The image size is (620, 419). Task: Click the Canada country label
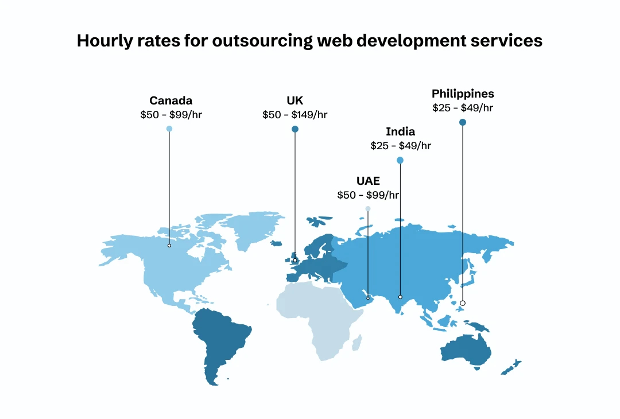pyautogui.click(x=171, y=101)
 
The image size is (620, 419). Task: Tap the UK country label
pyautogui.click(x=295, y=101)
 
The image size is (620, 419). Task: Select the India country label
pyautogui.click(x=400, y=132)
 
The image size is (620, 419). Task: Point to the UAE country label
pyautogui.click(x=368, y=181)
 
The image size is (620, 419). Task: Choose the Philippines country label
pyautogui.click(x=463, y=94)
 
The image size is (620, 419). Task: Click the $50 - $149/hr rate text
pyautogui.click(x=295, y=115)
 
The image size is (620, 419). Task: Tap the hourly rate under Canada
pyautogui.click(x=171, y=115)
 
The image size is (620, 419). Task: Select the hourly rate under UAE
pyautogui.click(x=368, y=195)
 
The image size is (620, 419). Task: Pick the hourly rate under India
pyautogui.click(x=400, y=146)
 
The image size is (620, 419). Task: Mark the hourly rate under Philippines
pyautogui.click(x=463, y=107)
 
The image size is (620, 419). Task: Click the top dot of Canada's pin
pyautogui.click(x=169, y=129)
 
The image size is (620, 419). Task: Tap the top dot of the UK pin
pyautogui.click(x=295, y=129)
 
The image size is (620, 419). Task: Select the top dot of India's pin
pyautogui.click(x=400, y=160)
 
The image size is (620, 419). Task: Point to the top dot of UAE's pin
pyautogui.click(x=368, y=208)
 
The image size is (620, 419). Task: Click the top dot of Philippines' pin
pyautogui.click(x=463, y=122)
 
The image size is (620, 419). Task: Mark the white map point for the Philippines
pyautogui.click(x=463, y=303)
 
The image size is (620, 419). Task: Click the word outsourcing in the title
pyautogui.click(x=257, y=41)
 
